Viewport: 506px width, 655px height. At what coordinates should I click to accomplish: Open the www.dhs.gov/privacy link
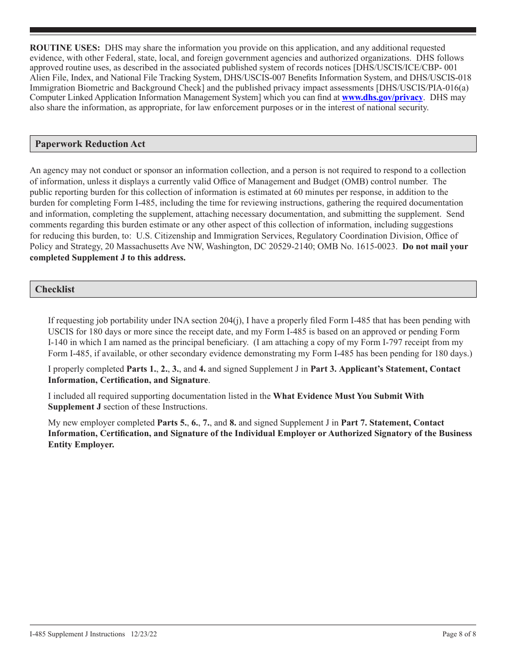tap(382, 97)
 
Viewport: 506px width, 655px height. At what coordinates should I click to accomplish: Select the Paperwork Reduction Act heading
tap(90, 144)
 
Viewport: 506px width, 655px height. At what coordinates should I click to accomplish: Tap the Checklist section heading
tap(55, 289)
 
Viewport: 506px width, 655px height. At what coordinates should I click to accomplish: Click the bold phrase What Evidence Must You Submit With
tap(348, 396)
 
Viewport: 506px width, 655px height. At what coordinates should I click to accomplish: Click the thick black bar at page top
tap(253, 30)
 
